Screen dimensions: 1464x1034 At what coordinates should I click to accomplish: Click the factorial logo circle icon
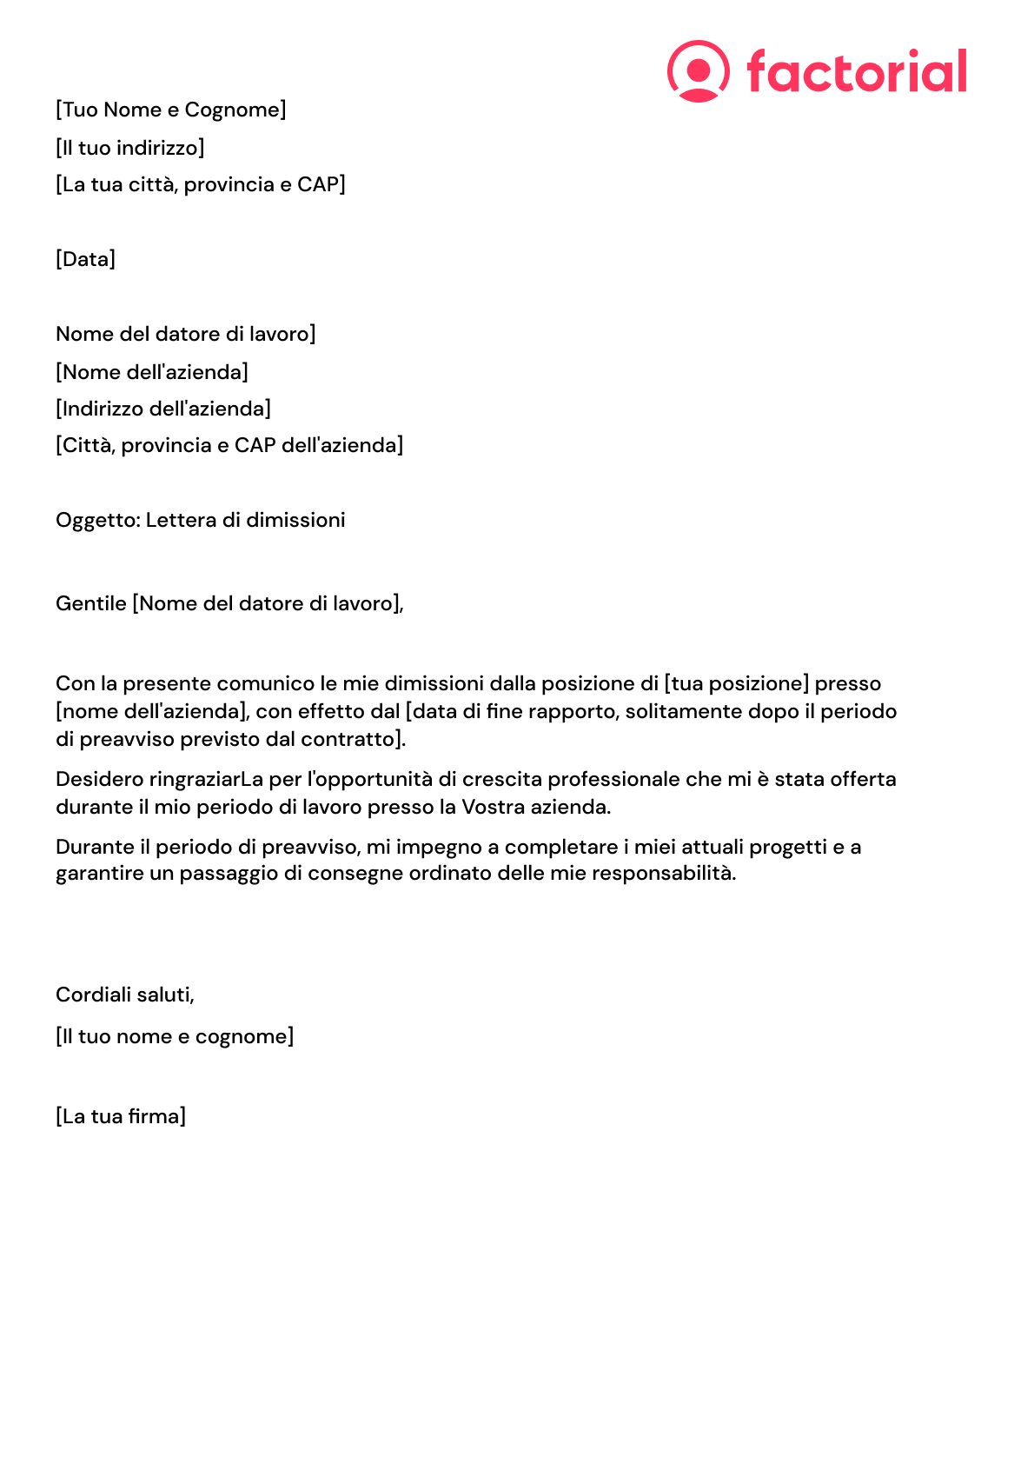[x=698, y=70]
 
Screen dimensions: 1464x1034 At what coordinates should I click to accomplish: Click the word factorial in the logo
[x=856, y=71]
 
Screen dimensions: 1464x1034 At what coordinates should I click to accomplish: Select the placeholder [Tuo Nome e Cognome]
[x=171, y=110]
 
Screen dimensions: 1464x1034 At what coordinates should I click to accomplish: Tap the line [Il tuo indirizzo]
[x=130, y=148]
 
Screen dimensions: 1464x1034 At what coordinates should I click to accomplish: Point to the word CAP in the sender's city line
[x=317, y=184]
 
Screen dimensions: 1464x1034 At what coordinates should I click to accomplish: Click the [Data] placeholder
[x=85, y=259]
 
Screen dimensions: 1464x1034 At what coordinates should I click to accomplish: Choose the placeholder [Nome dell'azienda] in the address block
[x=152, y=372]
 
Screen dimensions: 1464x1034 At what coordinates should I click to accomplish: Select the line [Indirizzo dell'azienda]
[x=163, y=409]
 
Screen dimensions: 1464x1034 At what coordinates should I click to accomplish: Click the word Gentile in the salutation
[x=91, y=603]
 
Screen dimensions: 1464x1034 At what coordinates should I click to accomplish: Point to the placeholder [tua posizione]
[x=737, y=684]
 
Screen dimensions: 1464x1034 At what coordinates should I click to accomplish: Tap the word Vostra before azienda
[x=492, y=807]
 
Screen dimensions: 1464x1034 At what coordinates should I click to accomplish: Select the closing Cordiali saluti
[x=125, y=995]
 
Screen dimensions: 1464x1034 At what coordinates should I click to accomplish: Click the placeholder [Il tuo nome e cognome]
[x=175, y=1036]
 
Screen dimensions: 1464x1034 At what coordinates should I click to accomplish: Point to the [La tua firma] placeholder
[x=121, y=1116]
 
